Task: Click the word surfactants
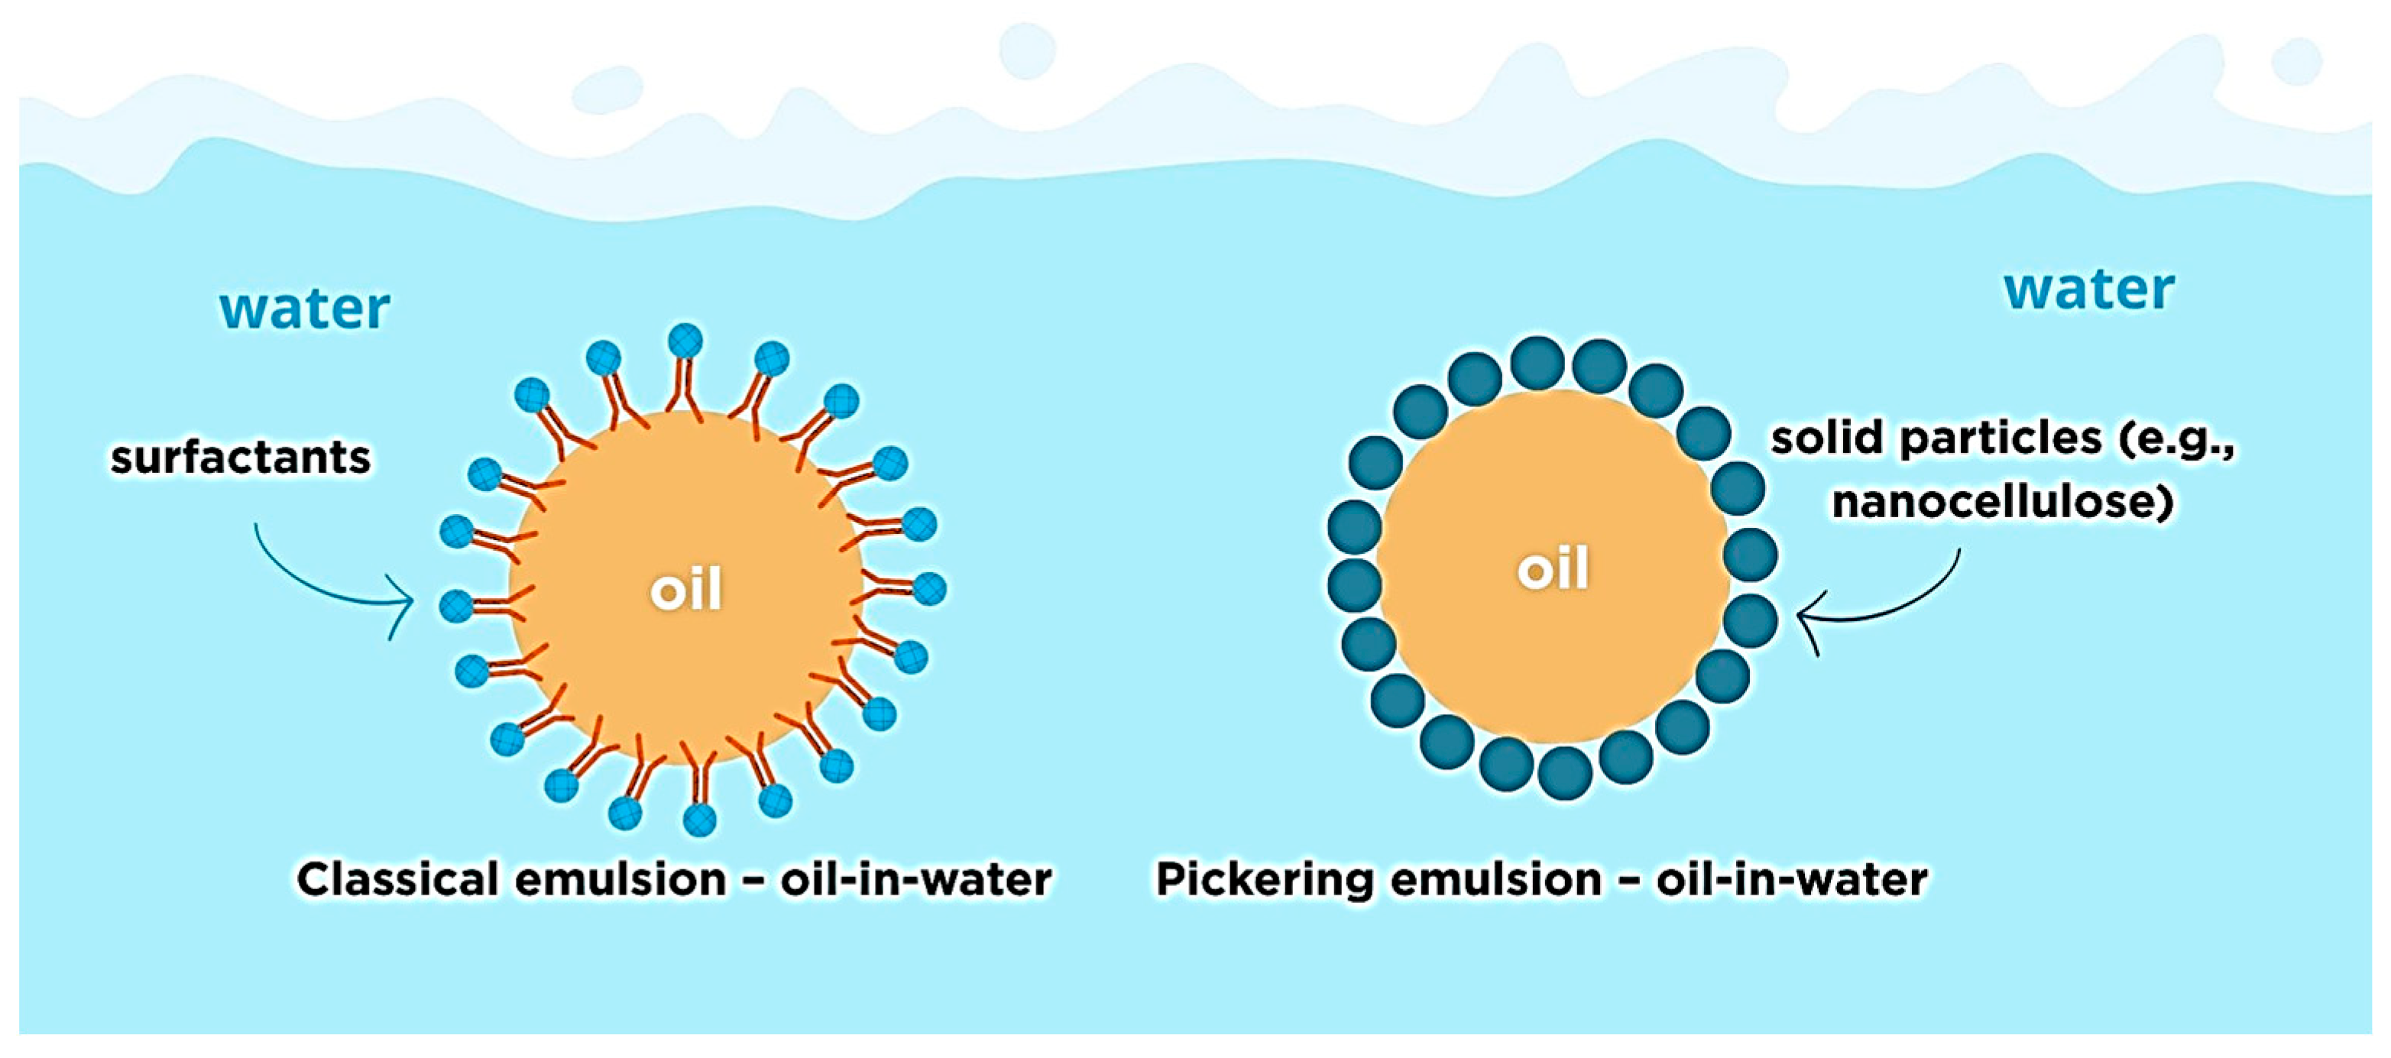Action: (x=241, y=458)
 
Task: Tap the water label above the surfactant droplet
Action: (x=304, y=309)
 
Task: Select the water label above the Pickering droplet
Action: (x=2089, y=290)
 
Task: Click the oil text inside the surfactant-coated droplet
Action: (x=686, y=590)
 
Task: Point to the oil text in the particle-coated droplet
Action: (x=1553, y=568)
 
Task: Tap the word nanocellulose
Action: (x=2002, y=502)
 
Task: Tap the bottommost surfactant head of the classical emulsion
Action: (x=699, y=820)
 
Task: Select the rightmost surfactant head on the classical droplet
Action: (x=929, y=589)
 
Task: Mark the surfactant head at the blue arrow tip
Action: (x=455, y=606)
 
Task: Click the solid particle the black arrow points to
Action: (x=1751, y=620)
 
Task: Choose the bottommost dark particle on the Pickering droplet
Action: (x=1565, y=772)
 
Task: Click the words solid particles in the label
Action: (x=1936, y=438)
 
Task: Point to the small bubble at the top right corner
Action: (x=2296, y=60)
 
